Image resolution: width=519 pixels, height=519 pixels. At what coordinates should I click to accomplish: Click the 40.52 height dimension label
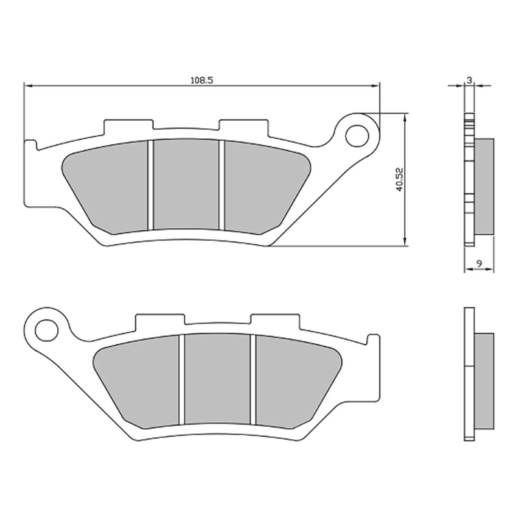tap(401, 179)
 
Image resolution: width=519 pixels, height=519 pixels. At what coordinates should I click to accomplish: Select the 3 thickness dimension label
tap(469, 80)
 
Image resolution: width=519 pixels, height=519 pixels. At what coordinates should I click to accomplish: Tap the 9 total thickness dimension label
tap(478, 263)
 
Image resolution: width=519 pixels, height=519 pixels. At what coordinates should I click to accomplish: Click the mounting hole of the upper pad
tap(356, 136)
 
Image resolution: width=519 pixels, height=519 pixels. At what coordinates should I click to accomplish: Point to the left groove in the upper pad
tap(150, 185)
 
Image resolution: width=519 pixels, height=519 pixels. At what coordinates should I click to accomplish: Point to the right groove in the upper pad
tap(221, 185)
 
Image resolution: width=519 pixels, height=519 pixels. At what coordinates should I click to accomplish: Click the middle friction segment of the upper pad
tap(186, 185)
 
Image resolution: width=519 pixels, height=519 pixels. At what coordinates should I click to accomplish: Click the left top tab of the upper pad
tap(128, 126)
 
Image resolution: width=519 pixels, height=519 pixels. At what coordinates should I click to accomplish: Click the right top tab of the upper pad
tap(243, 126)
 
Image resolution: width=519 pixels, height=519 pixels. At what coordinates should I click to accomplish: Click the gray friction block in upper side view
tap(485, 188)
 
